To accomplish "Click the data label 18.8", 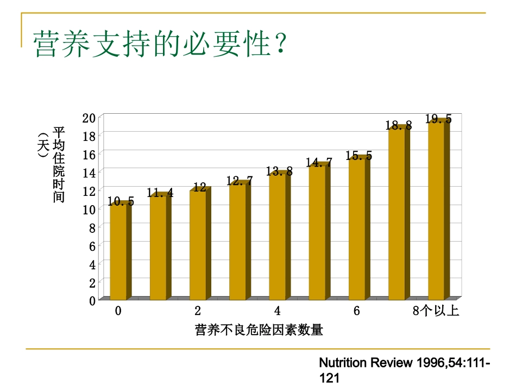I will [399, 126].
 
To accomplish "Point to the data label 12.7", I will [240, 181].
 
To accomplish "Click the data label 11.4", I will [160, 193].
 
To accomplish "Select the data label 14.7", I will [319, 162].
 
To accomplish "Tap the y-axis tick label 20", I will [89, 118].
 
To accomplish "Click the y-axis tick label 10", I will [89, 209].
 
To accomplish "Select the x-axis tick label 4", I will [277, 311].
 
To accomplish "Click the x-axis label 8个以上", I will [436, 311].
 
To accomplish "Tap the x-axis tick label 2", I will [198, 311].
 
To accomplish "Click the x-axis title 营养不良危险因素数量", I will [259, 330].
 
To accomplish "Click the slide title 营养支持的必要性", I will [153, 44].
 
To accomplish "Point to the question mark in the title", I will [280, 44].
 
